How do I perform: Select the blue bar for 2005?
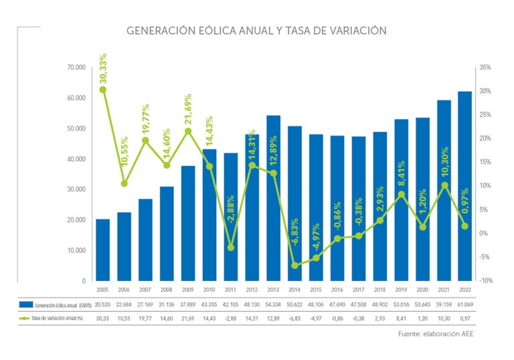click(103, 250)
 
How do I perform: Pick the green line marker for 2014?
click(294, 266)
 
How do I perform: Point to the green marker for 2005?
click(103, 90)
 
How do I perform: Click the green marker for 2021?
click(443, 185)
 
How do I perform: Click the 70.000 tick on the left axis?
click(76, 68)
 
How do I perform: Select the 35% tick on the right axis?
click(486, 68)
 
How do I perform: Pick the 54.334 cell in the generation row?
click(273, 304)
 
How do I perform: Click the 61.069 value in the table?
click(464, 304)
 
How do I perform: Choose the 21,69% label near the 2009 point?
click(188, 112)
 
